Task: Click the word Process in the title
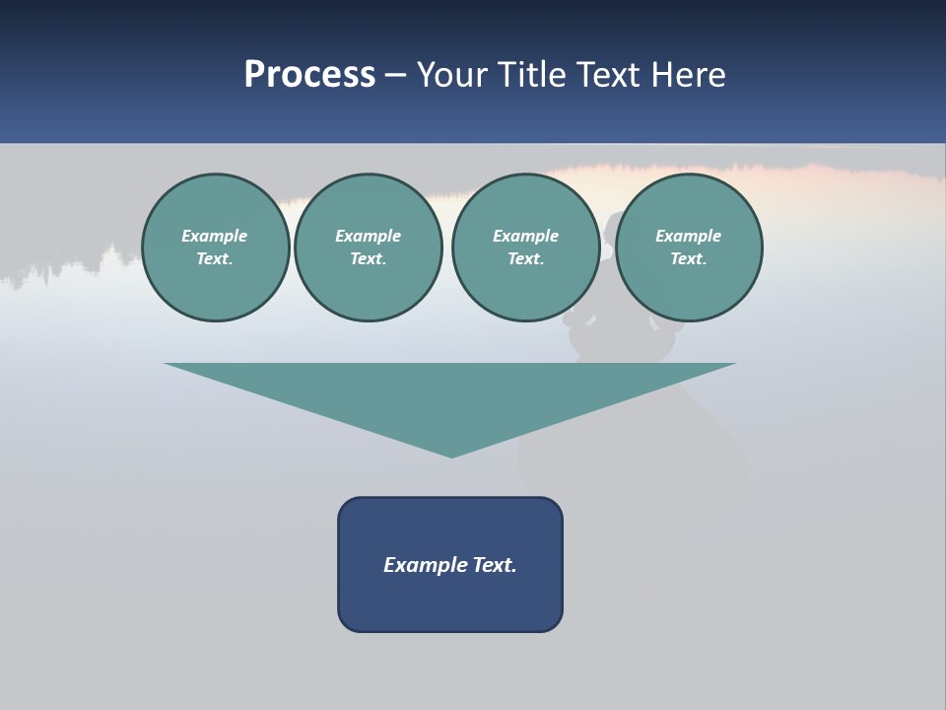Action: click(x=309, y=75)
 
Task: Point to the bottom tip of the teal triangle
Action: click(x=451, y=455)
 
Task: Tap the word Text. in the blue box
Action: click(x=494, y=565)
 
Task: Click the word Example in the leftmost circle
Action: click(x=215, y=236)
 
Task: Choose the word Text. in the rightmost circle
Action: click(x=689, y=258)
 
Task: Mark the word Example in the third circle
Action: click(x=525, y=236)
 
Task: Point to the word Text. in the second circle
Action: click(x=368, y=258)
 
